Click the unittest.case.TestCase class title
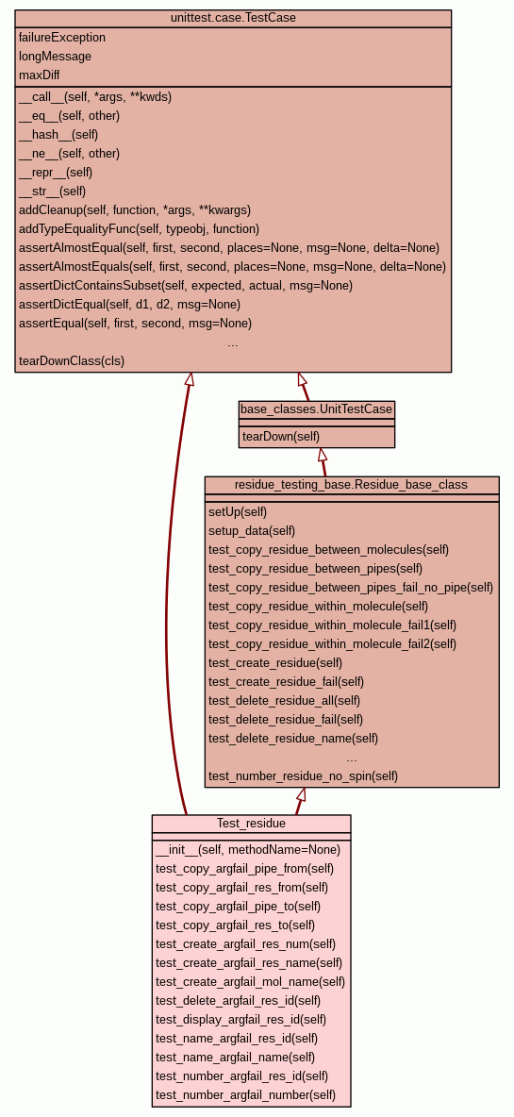click(x=233, y=18)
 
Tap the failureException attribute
click(x=62, y=37)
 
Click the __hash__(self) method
click(x=58, y=135)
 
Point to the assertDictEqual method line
click(x=129, y=304)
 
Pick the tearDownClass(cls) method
click(x=71, y=360)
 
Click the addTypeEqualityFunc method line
click(x=139, y=228)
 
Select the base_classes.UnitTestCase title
click(x=316, y=408)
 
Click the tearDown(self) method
click(x=281, y=436)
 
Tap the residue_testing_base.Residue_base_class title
click(x=351, y=484)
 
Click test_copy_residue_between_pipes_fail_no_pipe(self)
click(x=351, y=588)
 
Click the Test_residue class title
click(x=251, y=824)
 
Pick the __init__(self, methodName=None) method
click(x=248, y=850)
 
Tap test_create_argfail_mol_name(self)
click(x=250, y=982)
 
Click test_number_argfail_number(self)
click(x=245, y=1095)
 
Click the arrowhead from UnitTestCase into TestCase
click(x=303, y=380)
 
